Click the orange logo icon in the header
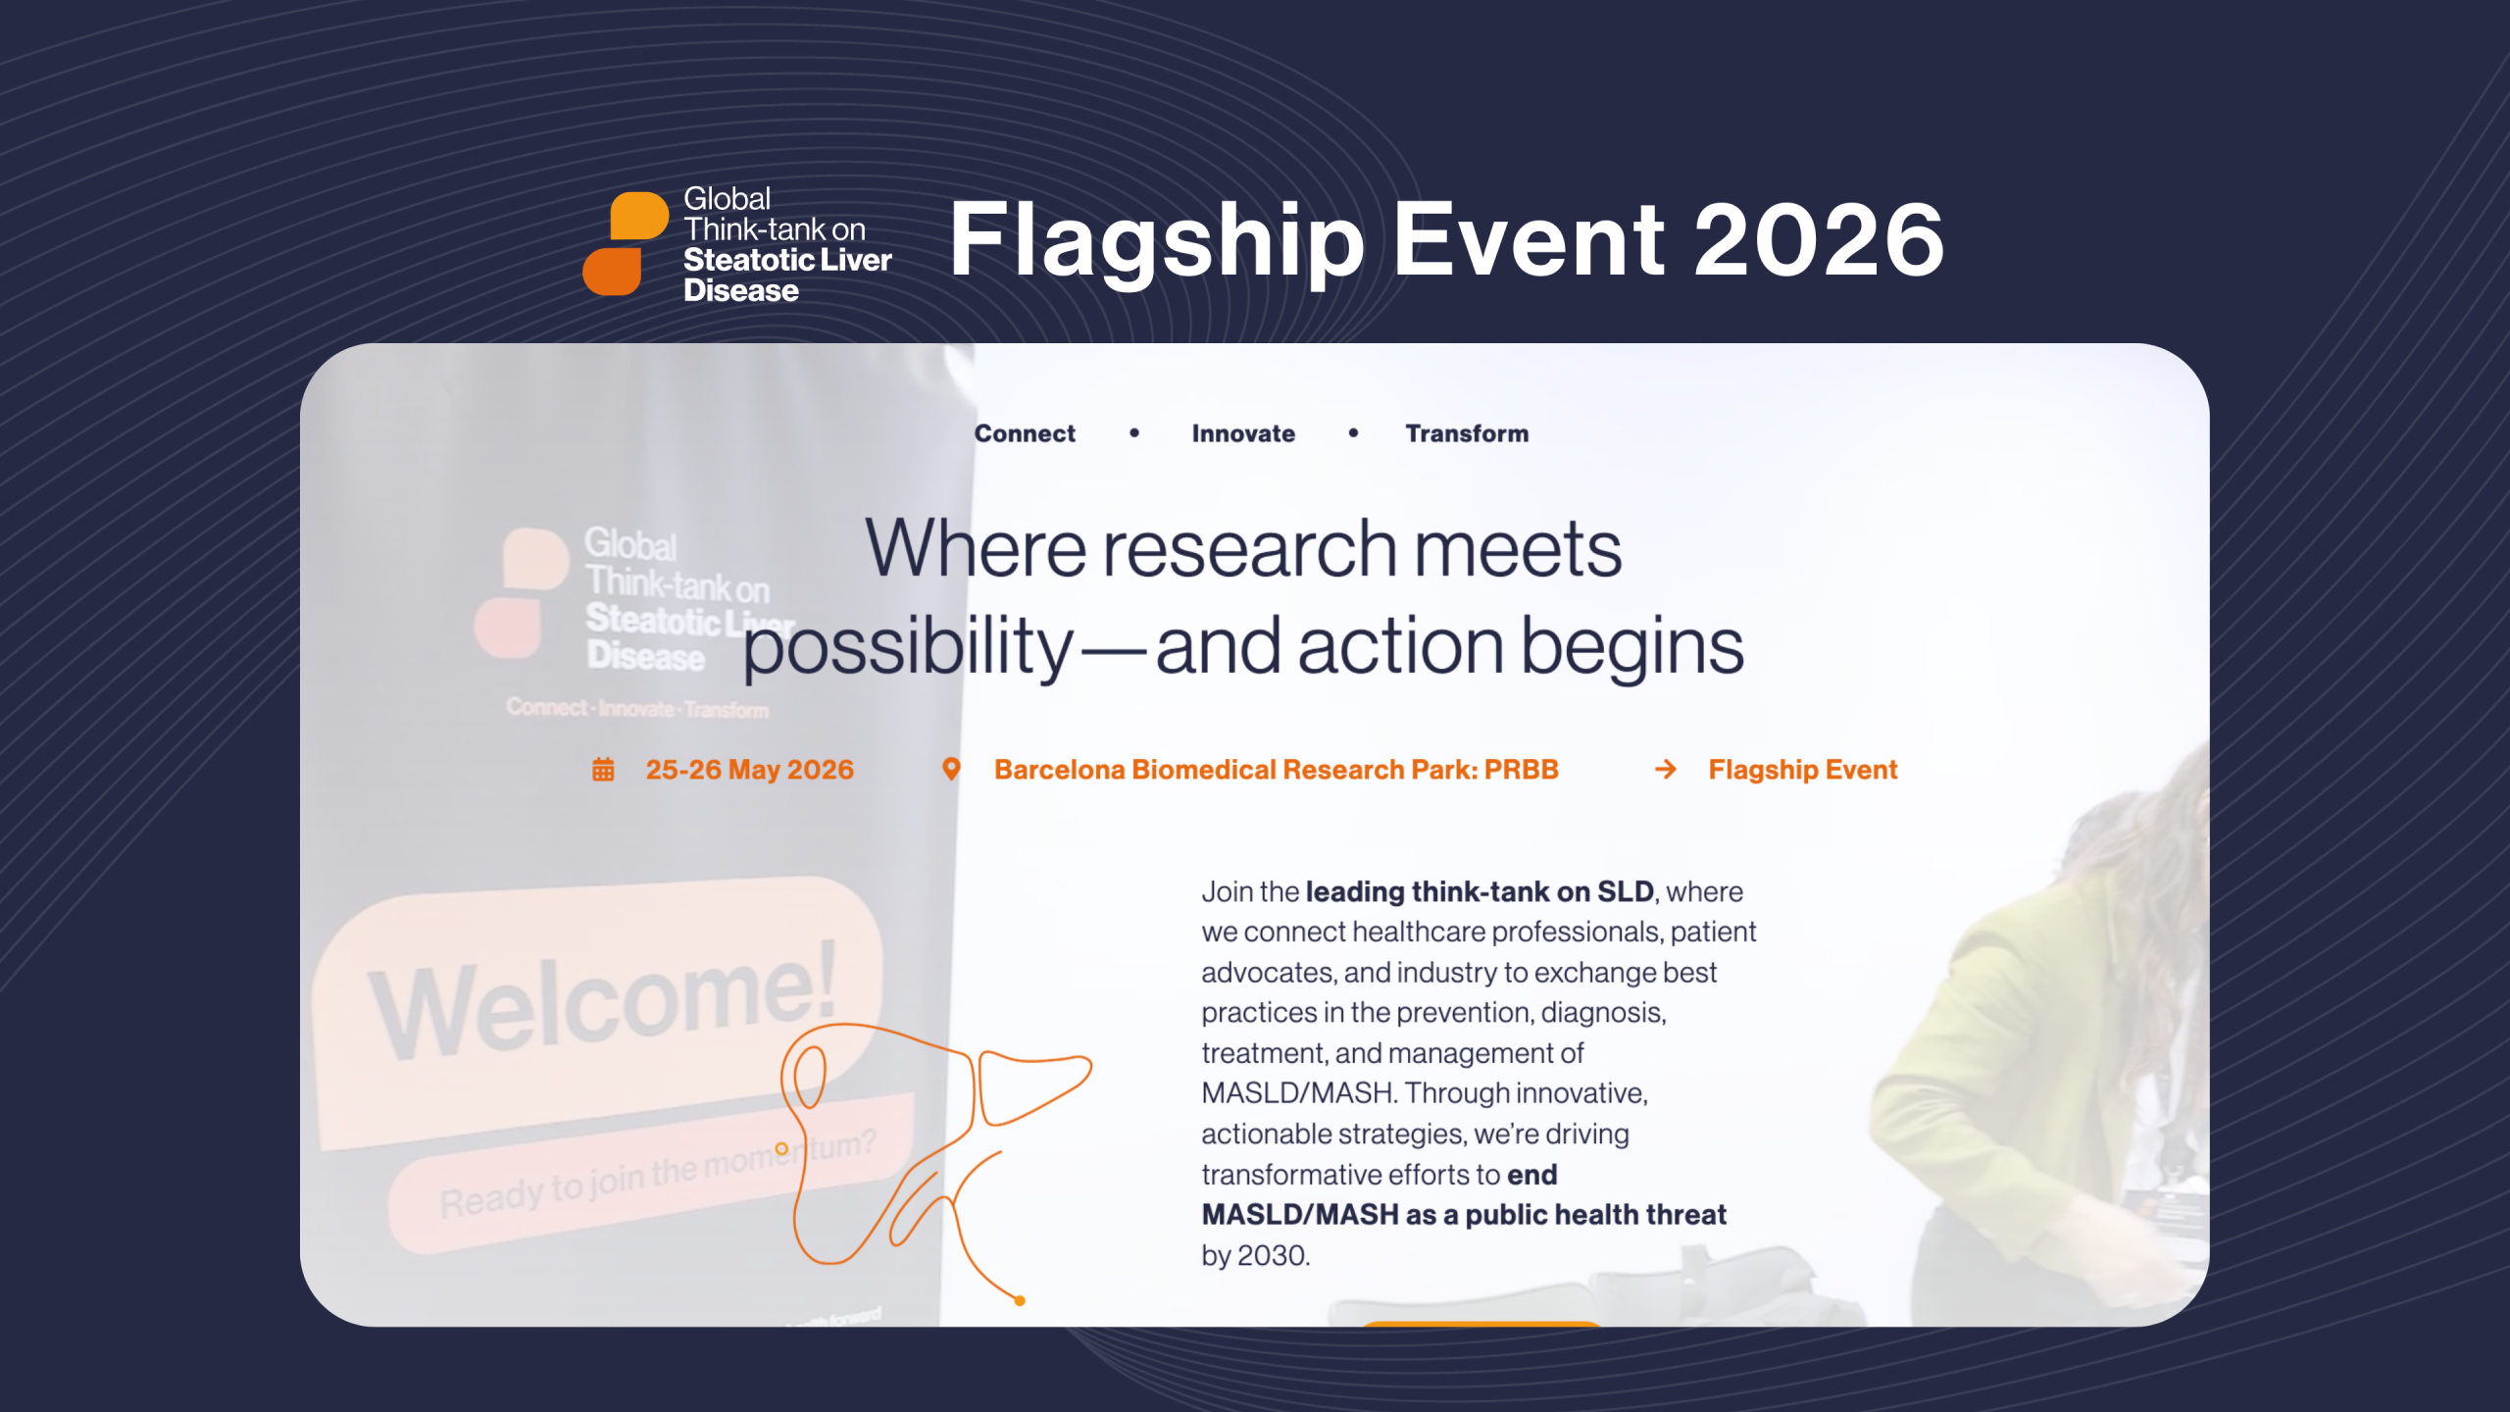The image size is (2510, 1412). click(x=625, y=243)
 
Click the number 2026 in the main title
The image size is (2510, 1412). click(x=1819, y=239)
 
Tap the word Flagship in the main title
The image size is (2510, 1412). click(x=1157, y=241)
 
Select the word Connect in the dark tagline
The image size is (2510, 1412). click(x=1025, y=433)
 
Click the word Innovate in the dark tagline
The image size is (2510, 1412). click(x=1243, y=433)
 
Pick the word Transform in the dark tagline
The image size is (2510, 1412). click(x=1467, y=433)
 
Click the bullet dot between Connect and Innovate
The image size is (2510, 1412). click(x=1134, y=432)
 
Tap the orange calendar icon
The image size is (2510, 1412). click(x=603, y=770)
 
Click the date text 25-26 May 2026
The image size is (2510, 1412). click(x=749, y=770)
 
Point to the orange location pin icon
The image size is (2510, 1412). click(x=950, y=770)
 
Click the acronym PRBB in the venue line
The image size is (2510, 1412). click(x=1521, y=770)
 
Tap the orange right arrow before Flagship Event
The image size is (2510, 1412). click(x=1665, y=770)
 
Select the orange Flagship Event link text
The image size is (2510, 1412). click(x=1802, y=770)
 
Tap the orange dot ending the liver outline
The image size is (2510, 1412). click(x=1020, y=1301)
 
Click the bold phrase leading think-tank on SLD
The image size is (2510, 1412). click(x=1479, y=891)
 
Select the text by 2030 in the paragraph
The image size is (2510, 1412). click(x=1255, y=1255)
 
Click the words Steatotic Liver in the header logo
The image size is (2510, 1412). click(x=787, y=260)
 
